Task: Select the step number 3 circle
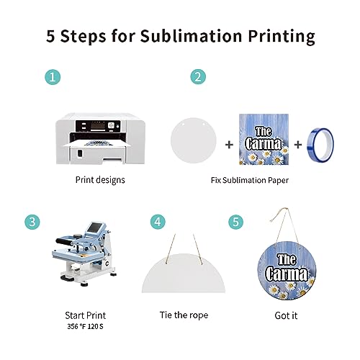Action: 32,222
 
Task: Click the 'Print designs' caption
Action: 100,180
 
